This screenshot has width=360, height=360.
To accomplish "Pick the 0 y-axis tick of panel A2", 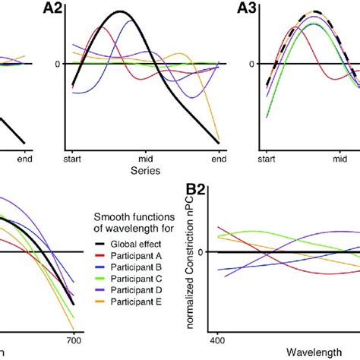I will click(57, 63).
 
